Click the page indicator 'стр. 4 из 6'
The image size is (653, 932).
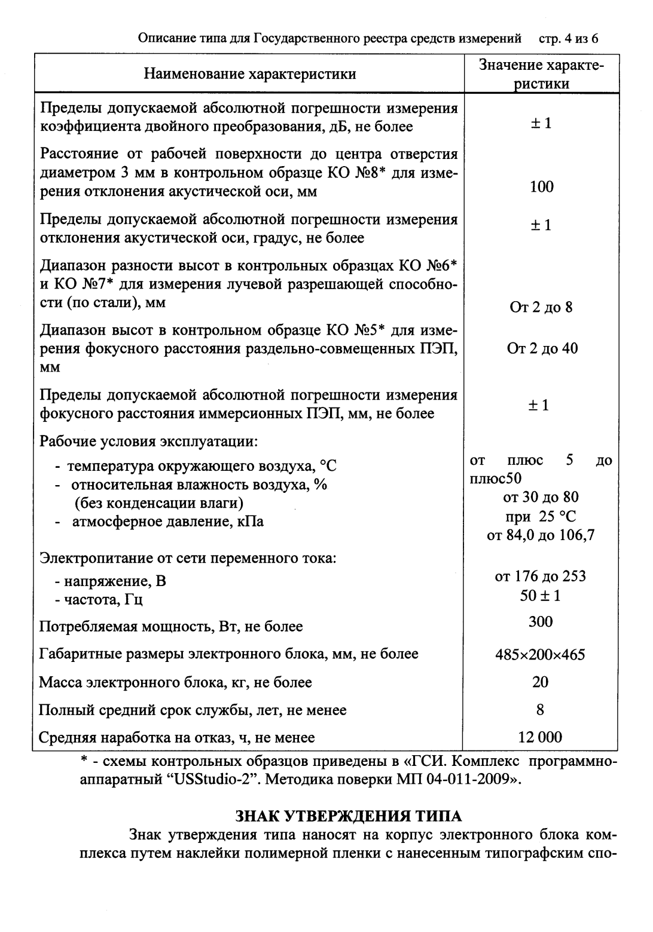pos(568,39)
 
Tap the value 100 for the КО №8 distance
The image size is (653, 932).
pos(541,187)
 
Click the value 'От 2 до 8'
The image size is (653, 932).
pos(541,308)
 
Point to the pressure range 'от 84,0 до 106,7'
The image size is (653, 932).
pos(541,535)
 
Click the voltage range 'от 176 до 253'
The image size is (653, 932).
pos(541,577)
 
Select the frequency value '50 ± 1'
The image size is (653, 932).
pos(541,596)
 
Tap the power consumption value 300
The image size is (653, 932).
pos(541,622)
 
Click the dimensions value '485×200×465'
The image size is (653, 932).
pos(541,655)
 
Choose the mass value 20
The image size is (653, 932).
pos(541,682)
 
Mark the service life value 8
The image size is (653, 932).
pos(541,710)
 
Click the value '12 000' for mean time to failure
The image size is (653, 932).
pos(541,738)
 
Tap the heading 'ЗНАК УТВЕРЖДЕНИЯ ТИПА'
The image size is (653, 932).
pos(349,817)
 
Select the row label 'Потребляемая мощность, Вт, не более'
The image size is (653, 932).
pos(171,627)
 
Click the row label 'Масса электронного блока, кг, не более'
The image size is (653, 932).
pos(175,682)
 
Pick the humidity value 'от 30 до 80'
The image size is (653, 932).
pos(541,497)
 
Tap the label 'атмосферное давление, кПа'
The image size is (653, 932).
pos(167,522)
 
